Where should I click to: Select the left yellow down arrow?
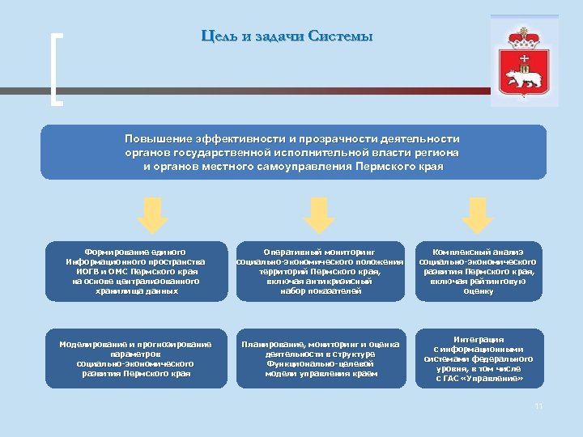(x=151, y=213)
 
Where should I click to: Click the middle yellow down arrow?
(x=319, y=213)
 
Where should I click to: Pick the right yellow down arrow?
(x=479, y=213)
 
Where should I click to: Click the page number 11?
(x=538, y=406)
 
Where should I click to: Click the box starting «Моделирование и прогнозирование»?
(x=136, y=359)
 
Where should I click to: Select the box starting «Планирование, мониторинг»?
(x=319, y=359)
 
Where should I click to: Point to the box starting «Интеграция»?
(x=479, y=359)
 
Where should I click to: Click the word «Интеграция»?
(x=479, y=339)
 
